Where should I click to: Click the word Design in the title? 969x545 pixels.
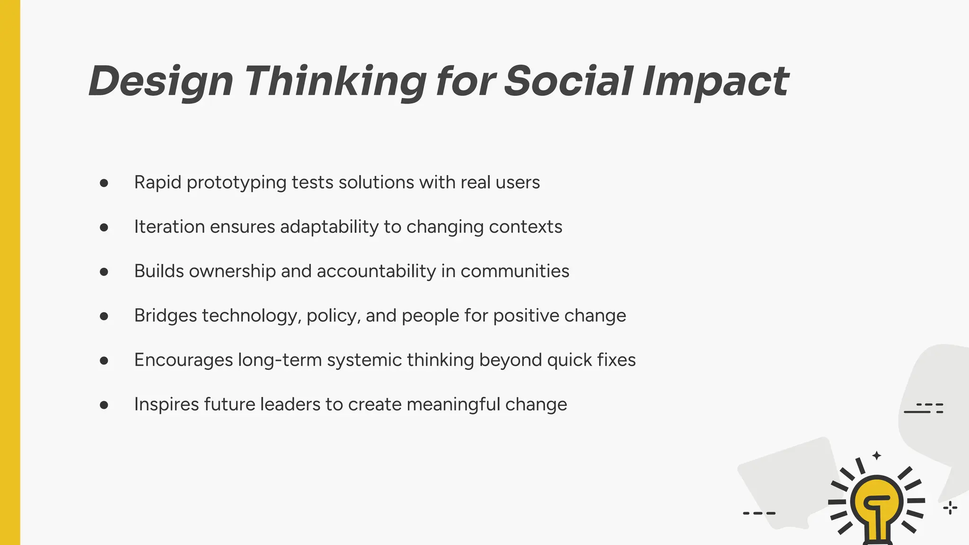pyautogui.click(x=161, y=81)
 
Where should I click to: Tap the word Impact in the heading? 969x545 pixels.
pyautogui.click(x=715, y=81)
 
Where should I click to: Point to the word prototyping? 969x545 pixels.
pyautogui.click(x=237, y=183)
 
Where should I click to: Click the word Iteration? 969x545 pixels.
pyautogui.click(x=169, y=227)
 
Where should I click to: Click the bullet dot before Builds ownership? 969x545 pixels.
pyautogui.click(x=104, y=272)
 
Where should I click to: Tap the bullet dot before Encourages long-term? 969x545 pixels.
pyautogui.click(x=104, y=360)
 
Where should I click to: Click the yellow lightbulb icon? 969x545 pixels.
pyautogui.click(x=877, y=504)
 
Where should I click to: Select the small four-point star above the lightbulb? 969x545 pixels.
pyautogui.click(x=877, y=456)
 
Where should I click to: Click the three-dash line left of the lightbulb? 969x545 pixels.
pyautogui.click(x=759, y=513)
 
